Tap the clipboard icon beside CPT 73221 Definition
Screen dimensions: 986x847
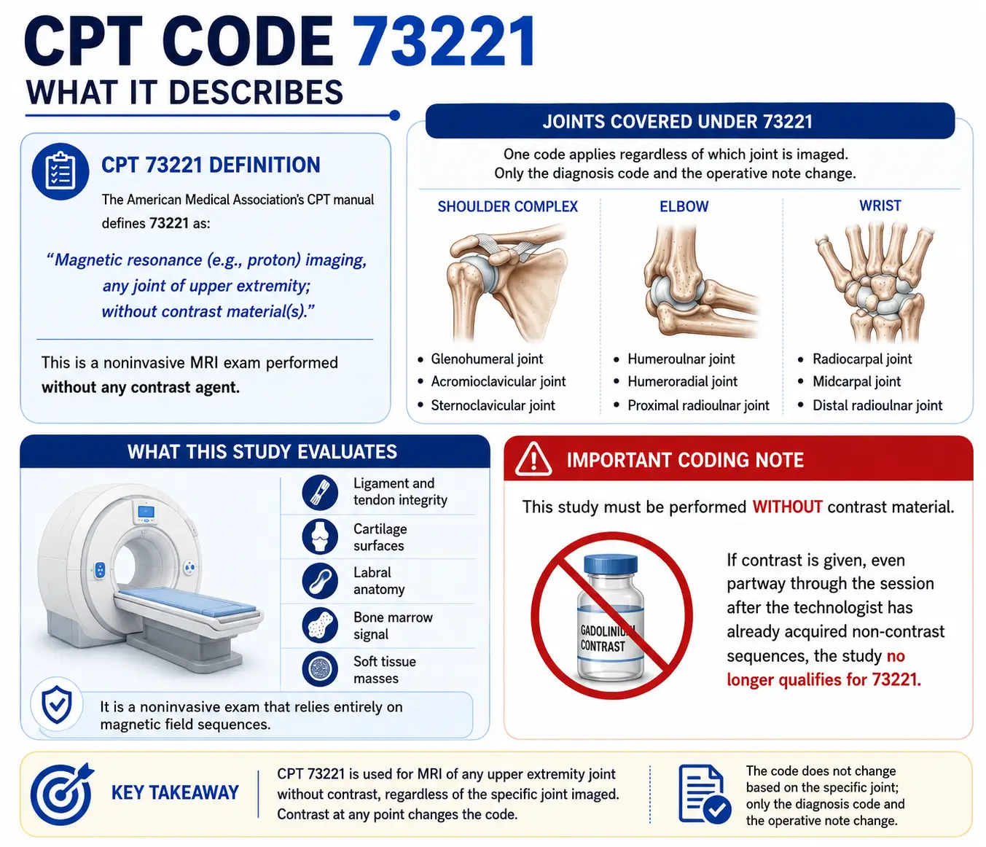coord(60,171)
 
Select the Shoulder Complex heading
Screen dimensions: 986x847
coord(507,206)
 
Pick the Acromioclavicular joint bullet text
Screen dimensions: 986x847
coord(498,382)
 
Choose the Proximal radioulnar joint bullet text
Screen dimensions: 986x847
coord(698,405)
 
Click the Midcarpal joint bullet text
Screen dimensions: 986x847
coord(857,382)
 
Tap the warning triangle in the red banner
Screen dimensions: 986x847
coord(533,459)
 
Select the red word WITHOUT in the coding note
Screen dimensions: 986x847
coord(788,507)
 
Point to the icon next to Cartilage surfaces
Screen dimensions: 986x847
coord(320,536)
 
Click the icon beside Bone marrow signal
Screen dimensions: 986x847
coord(320,625)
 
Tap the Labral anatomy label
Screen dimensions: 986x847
coord(379,581)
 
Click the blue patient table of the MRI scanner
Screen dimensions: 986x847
coord(189,602)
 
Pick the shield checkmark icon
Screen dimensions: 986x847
coord(58,704)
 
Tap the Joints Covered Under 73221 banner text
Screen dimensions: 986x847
coord(677,122)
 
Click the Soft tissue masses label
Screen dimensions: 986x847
coord(385,670)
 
